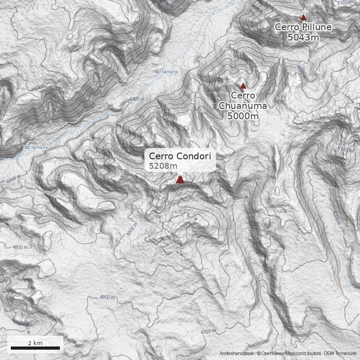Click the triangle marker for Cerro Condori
click(x=180, y=180)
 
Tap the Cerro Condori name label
click(x=180, y=156)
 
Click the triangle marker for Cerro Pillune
click(x=303, y=18)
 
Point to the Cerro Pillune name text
click(x=303, y=27)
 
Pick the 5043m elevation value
click(x=303, y=37)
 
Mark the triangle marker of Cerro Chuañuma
click(x=243, y=86)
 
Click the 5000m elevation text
click(x=243, y=117)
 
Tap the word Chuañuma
click(x=243, y=106)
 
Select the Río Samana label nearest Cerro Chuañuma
click(x=166, y=72)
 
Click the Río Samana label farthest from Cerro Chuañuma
click(x=35, y=147)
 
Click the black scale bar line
click(x=35, y=348)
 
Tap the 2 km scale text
click(x=35, y=343)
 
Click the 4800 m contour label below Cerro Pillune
click(x=301, y=72)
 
